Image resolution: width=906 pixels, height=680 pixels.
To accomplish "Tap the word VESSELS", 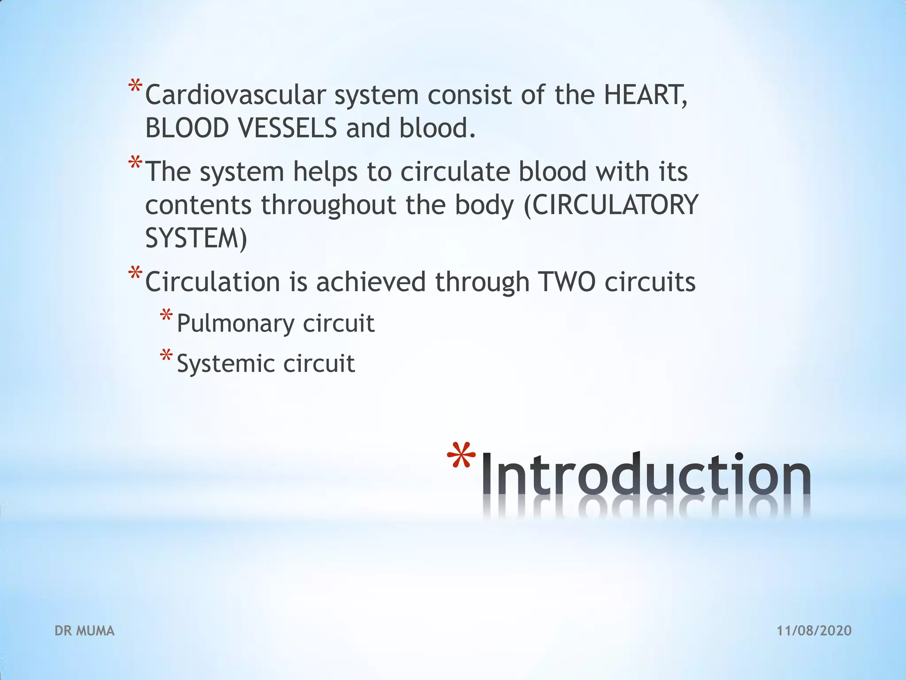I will coord(288,128).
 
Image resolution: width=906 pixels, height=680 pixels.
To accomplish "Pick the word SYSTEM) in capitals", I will coord(196,238).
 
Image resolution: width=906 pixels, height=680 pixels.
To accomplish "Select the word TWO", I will coord(567,282).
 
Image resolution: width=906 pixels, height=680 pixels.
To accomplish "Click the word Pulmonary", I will coord(235,324).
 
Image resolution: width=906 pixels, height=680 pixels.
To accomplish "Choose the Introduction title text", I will coord(646,474).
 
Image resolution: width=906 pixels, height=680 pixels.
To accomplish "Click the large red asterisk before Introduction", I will coord(461,458).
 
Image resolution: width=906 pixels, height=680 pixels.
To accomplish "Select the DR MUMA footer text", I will coord(84,631).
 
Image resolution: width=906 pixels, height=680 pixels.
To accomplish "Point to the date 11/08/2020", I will coord(814,631).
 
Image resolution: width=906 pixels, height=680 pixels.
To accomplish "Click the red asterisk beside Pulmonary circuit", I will coord(166,316).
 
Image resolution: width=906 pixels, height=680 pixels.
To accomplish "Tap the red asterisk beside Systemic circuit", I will coord(166,356).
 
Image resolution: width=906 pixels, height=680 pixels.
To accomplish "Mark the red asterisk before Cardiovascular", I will coord(135,85).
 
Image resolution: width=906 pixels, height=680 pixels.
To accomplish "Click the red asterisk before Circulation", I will coord(135,272).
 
